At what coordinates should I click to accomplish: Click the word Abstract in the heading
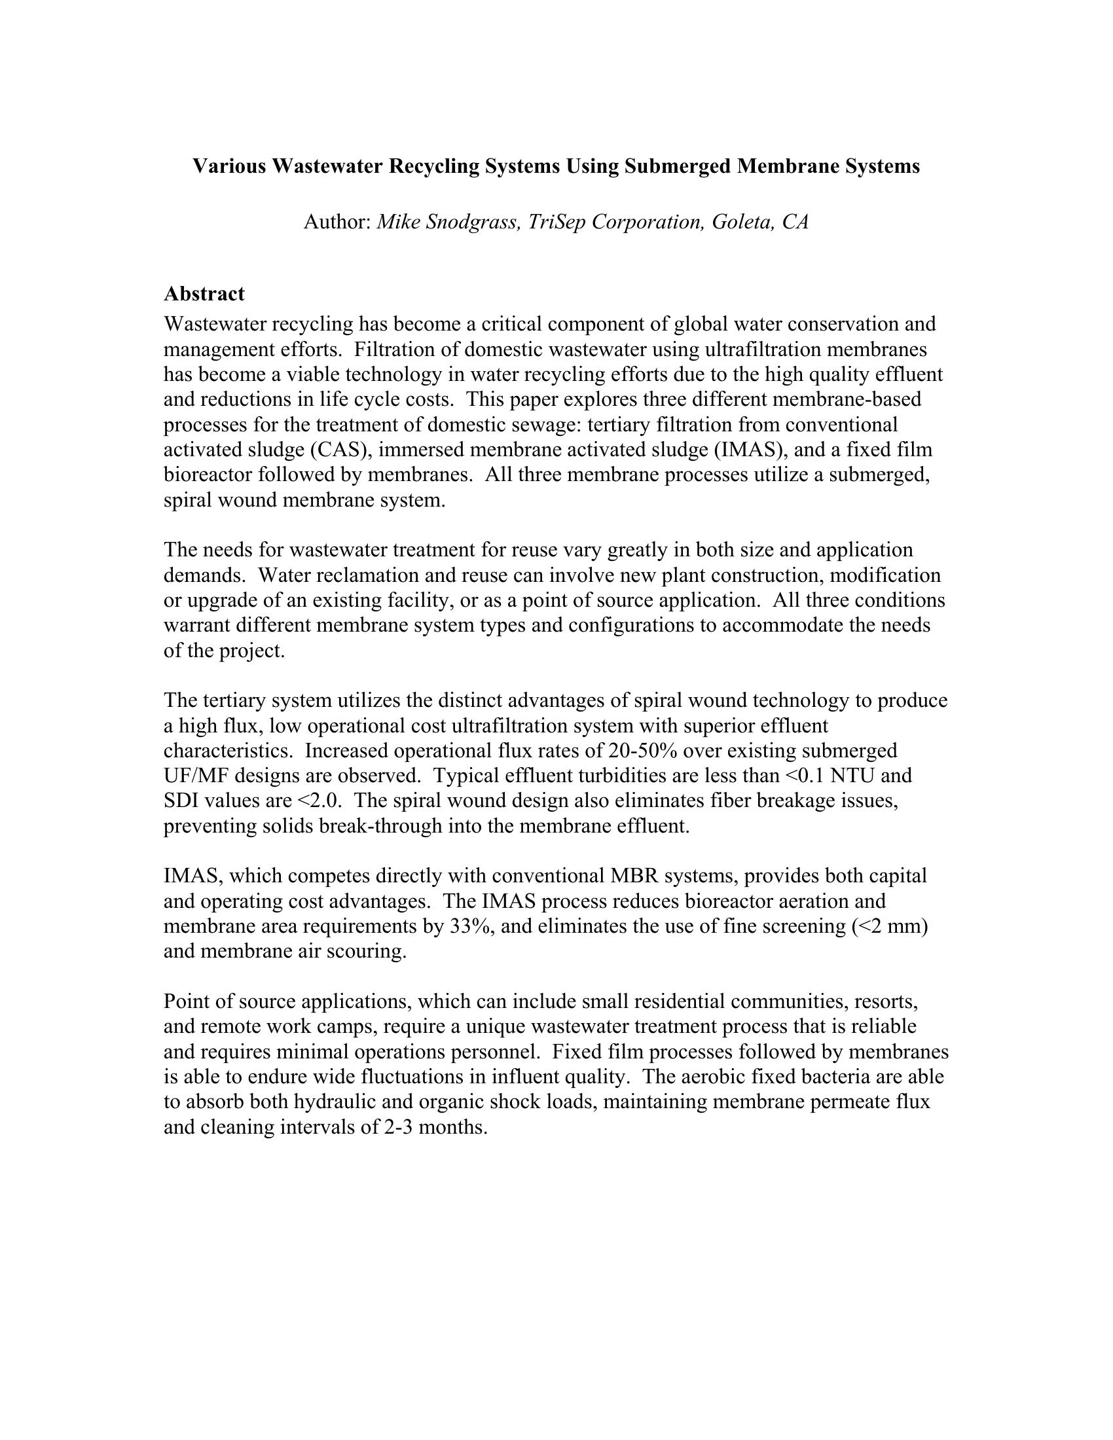coord(204,293)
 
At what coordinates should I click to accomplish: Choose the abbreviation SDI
coord(181,801)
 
